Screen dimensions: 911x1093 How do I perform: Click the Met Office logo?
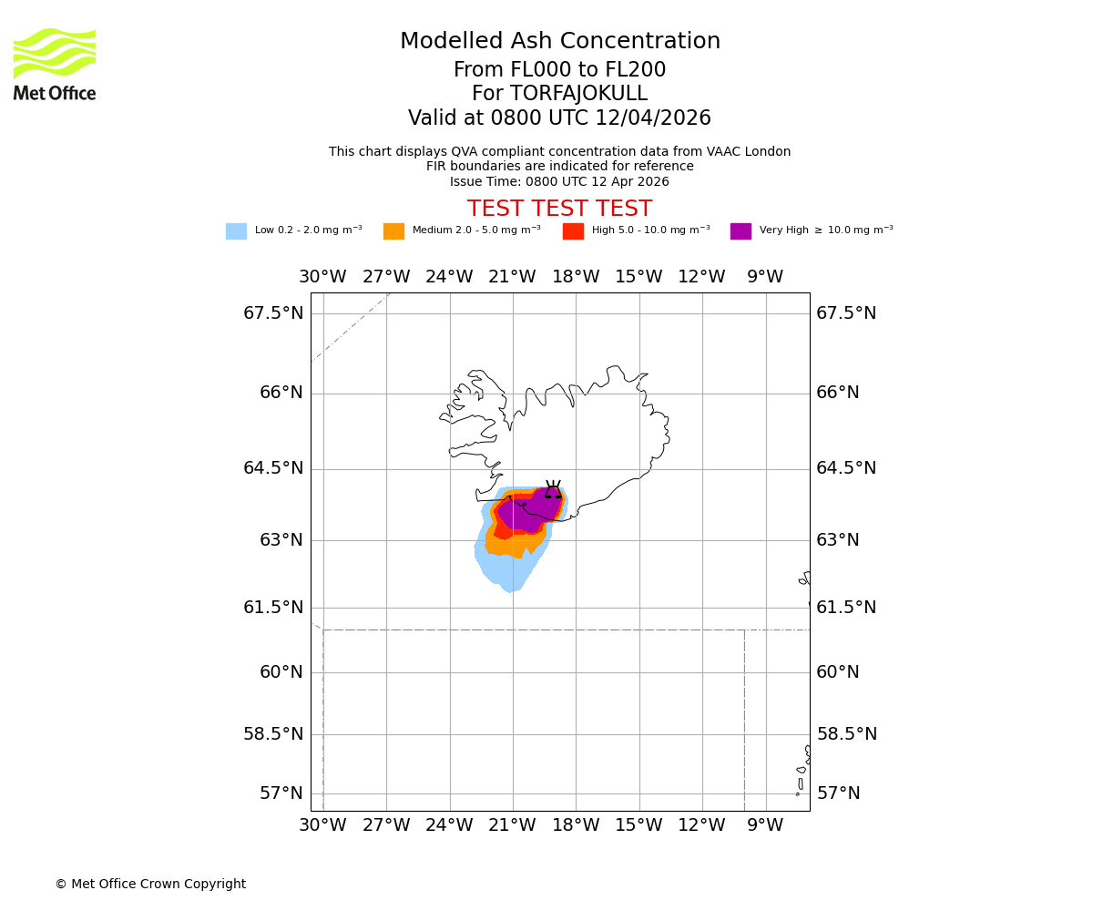pos(55,65)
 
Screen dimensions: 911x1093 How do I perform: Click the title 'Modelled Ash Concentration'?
pos(559,42)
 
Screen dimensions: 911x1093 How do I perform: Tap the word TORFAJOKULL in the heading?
pos(577,94)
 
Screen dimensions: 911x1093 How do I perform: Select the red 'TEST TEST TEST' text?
pos(559,209)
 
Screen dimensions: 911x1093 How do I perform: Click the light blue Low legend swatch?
pos(236,231)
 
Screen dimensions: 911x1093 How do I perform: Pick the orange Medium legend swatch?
pos(393,231)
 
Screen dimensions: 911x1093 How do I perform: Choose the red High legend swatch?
pos(573,231)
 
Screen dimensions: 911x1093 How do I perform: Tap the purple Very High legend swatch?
pos(741,231)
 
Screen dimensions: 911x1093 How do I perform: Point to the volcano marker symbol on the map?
pos(553,490)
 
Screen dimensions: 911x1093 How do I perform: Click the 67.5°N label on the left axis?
pos(273,313)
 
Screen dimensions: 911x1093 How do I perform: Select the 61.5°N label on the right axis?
pos(846,608)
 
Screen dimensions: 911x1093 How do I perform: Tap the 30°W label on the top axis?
pos(322,277)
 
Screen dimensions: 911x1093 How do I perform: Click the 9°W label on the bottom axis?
pos(765,825)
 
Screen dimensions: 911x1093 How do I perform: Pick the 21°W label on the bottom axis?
pos(512,825)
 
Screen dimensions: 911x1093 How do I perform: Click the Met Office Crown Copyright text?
pos(150,884)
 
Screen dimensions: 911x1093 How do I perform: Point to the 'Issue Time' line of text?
pos(559,181)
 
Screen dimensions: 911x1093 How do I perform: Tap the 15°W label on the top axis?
pos(638,277)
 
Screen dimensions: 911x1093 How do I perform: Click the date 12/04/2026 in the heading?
pos(653,118)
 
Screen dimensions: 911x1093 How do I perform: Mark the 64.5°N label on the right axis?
pos(846,468)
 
